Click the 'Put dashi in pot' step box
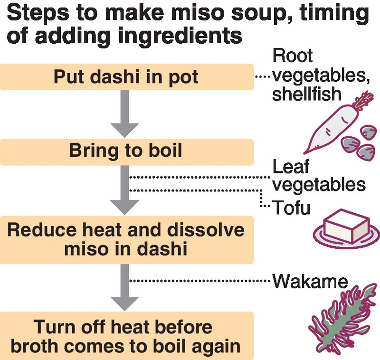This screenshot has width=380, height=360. coord(126,76)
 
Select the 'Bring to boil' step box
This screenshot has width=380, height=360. coord(126,152)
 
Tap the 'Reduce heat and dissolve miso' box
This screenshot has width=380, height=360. coord(126,239)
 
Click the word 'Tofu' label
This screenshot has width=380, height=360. coord(291,207)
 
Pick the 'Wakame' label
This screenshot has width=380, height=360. coord(310,281)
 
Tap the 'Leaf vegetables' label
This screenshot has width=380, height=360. coord(318,175)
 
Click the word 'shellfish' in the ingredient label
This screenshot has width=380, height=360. coord(307,94)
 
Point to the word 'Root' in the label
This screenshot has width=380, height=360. coord(293,56)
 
